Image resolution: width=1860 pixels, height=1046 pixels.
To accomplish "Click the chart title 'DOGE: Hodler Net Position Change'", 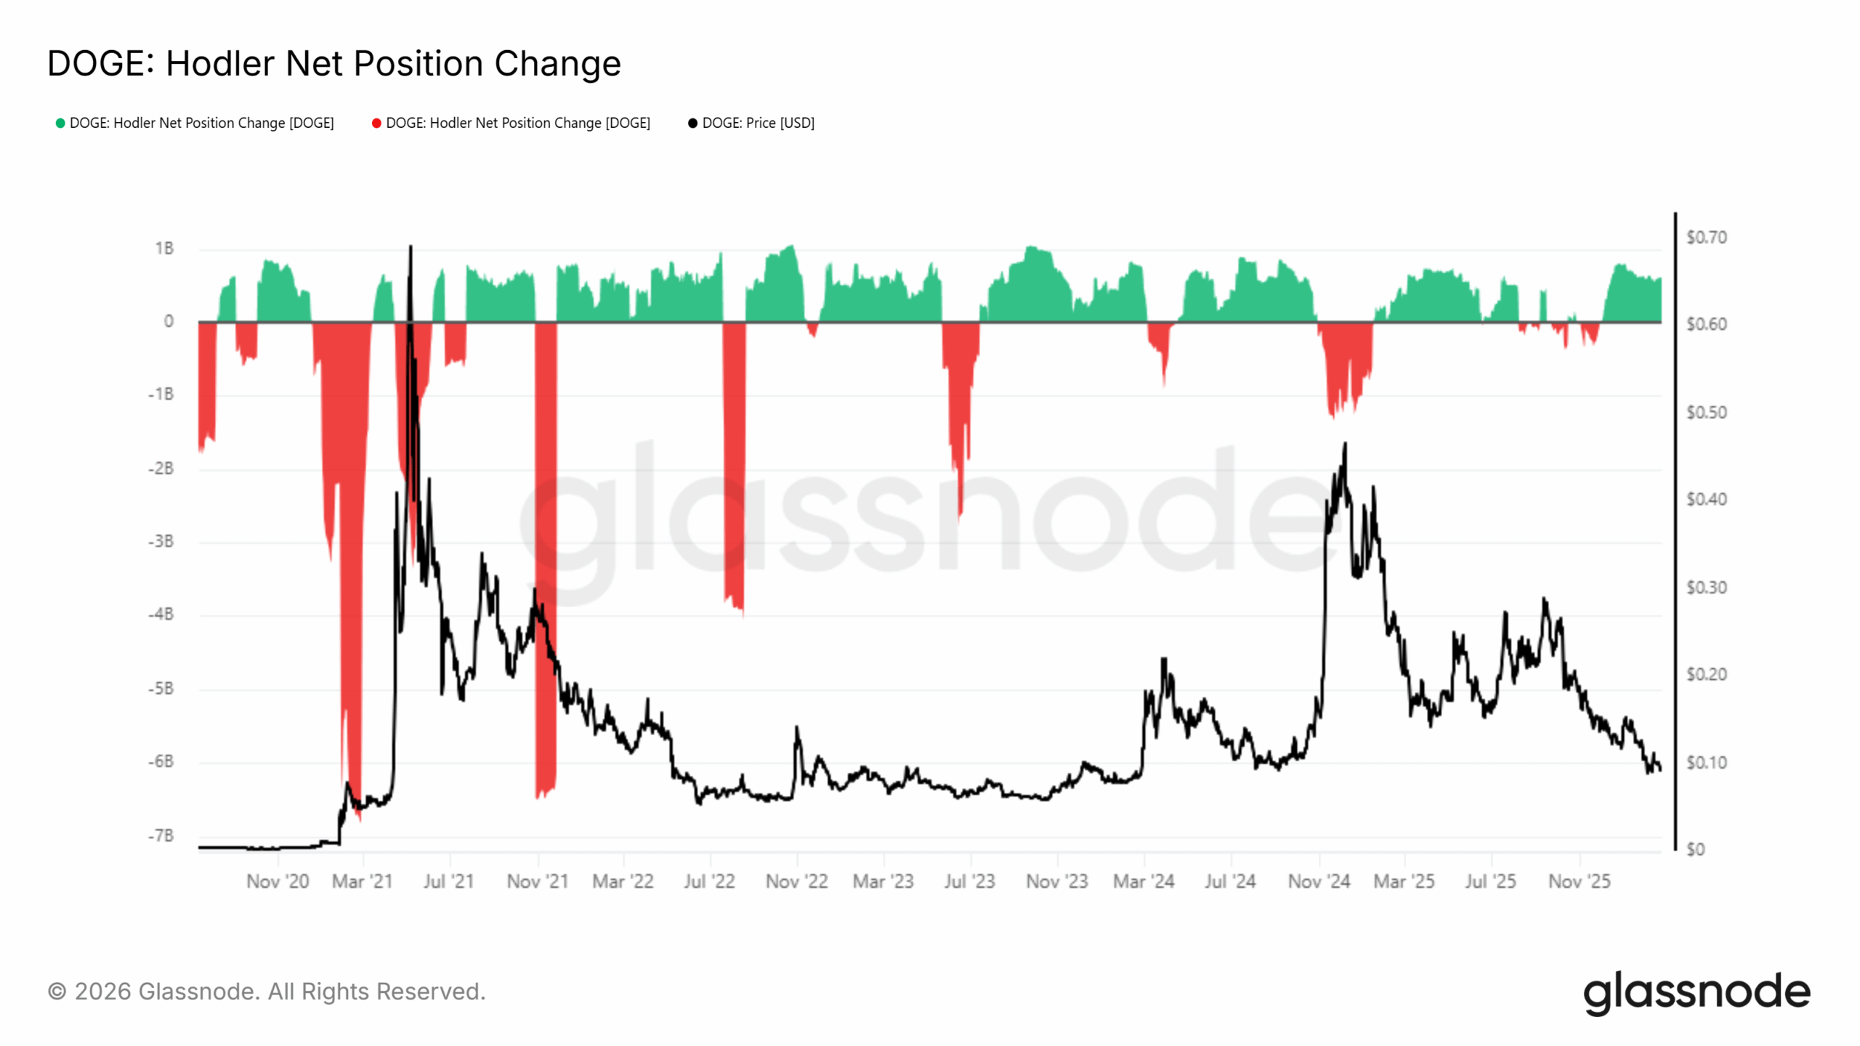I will [333, 63].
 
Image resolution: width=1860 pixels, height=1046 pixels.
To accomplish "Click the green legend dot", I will [60, 123].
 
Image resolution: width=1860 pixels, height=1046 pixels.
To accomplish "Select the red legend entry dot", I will [376, 123].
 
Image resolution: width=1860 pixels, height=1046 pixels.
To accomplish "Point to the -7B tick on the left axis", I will [161, 835].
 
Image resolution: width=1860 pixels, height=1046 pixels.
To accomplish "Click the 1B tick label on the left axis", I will [164, 248].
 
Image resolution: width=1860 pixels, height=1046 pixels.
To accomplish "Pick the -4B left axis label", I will [161, 615].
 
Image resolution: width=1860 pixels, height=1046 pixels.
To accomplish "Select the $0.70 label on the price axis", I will [1706, 238].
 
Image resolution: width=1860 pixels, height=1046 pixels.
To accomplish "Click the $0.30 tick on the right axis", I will [1706, 587].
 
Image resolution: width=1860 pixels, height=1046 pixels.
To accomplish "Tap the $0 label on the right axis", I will [1695, 849].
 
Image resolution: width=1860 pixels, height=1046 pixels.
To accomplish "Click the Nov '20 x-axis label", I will [278, 881].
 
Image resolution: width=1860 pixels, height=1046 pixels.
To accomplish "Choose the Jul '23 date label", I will [969, 881].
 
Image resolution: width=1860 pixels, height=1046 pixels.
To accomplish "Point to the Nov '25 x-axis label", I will [1579, 881].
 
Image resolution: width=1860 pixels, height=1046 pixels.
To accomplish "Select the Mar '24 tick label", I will [1144, 881].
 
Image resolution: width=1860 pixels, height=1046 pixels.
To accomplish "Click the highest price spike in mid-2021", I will [411, 247].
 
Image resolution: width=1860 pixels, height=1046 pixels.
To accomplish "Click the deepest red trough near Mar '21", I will [358, 818].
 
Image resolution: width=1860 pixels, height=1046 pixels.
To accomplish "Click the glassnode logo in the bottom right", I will [1697, 992].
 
